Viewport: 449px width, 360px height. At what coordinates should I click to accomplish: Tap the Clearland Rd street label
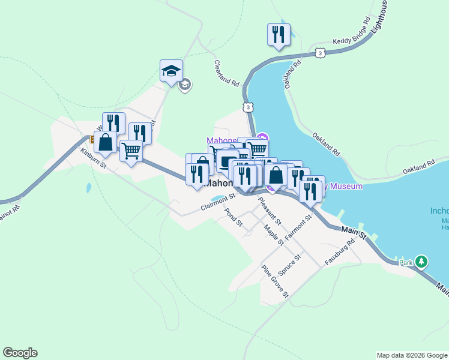pos(227,73)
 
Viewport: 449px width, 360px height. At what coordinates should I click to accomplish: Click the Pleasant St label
pos(265,209)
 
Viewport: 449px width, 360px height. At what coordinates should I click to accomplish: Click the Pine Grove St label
pos(276,281)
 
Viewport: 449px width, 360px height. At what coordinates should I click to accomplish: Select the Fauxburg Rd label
pos(340,251)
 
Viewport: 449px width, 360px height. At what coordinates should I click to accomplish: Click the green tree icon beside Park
pos(422,262)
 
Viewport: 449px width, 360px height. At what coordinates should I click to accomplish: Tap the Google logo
pos(20,353)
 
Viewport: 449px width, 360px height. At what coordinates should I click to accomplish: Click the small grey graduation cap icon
pos(185,85)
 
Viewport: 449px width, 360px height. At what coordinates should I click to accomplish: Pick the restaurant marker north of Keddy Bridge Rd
pos(279,35)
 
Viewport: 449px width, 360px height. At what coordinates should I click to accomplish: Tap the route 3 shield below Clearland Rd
pos(247,107)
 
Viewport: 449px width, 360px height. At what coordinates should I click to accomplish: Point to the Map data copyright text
pos(412,355)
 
